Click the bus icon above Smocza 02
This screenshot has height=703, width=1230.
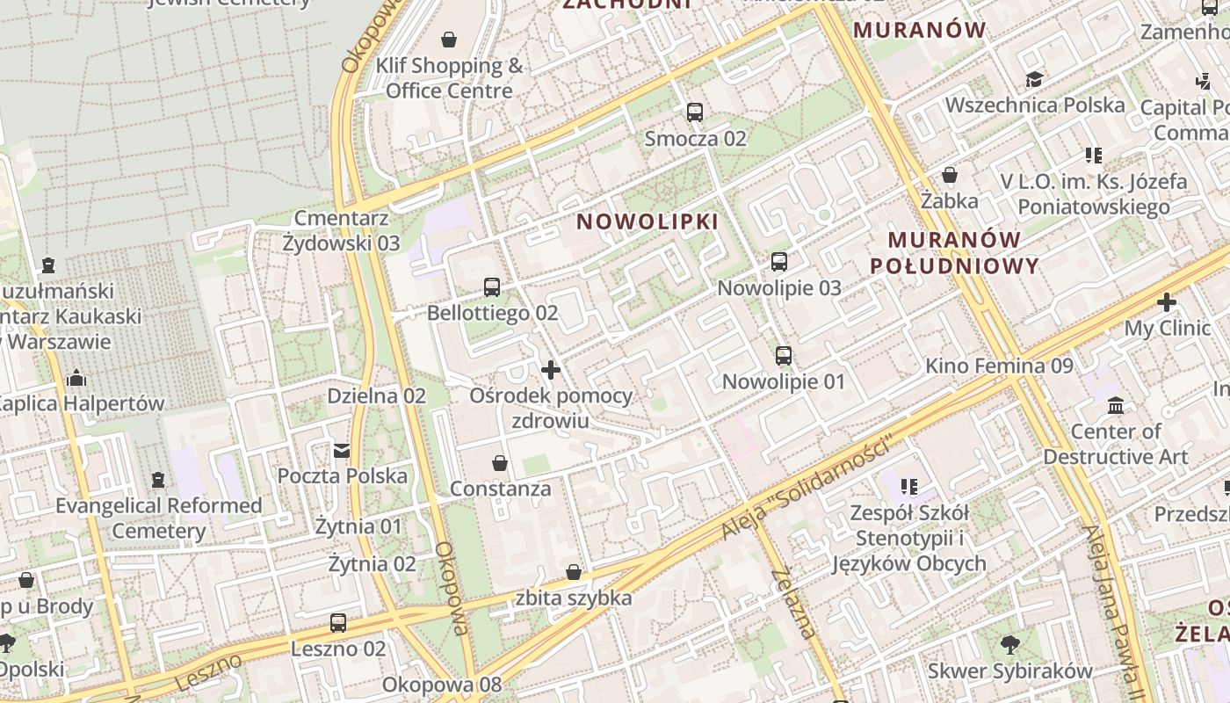click(695, 112)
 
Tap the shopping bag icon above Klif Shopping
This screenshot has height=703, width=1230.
click(449, 40)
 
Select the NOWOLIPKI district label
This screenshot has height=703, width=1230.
click(648, 221)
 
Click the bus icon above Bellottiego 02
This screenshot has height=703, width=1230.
click(492, 287)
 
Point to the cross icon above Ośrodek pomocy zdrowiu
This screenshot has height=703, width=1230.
click(551, 370)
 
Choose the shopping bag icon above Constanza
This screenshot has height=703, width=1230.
click(500, 463)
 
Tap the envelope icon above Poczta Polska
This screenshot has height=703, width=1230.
click(342, 451)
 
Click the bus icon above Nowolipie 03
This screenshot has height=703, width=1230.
click(779, 262)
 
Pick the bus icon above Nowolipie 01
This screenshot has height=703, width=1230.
click(784, 356)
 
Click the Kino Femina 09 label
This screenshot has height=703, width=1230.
click(999, 366)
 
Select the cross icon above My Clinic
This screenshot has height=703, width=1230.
click(1167, 303)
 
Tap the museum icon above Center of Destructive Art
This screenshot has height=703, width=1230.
click(1116, 406)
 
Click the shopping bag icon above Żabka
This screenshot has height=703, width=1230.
click(949, 175)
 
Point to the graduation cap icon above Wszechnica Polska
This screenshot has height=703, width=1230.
click(1035, 80)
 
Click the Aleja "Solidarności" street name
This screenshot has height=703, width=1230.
click(806, 489)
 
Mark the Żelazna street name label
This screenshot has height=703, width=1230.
click(793, 603)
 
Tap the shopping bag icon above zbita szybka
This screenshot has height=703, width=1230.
click(574, 573)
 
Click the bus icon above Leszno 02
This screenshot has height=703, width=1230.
click(338, 623)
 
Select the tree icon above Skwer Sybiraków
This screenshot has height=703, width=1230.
click(1010, 645)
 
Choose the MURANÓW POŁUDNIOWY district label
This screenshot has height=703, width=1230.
click(954, 252)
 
